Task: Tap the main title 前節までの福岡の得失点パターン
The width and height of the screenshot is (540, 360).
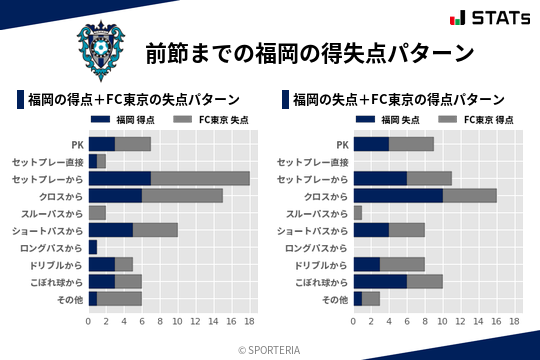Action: coord(309,52)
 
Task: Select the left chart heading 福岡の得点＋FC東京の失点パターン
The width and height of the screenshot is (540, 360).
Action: coord(133,100)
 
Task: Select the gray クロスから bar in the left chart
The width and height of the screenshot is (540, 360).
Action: coord(183,195)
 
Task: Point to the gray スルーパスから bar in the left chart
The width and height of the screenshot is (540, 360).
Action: coord(97,212)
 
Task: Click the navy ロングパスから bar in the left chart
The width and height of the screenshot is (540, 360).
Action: coord(92,246)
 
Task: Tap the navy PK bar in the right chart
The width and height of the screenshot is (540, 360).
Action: coord(371,144)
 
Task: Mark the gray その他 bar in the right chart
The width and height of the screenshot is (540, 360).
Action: coord(371,298)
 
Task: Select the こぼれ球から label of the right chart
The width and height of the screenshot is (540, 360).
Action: coord(323,281)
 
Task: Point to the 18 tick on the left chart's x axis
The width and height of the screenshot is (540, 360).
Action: coord(250,322)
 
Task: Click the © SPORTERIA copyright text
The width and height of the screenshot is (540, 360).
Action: coord(270,349)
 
